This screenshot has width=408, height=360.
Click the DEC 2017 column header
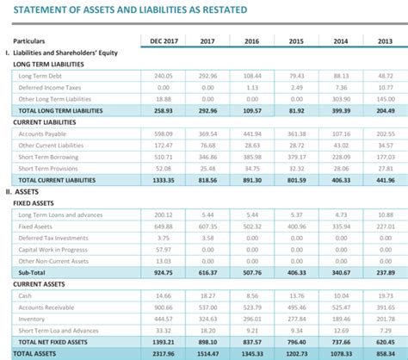coord(164,40)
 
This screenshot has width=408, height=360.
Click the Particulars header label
coord(30,40)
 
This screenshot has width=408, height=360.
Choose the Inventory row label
coord(34,318)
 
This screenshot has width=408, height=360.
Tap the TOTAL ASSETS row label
coord(32,353)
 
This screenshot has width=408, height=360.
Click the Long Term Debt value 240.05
coord(164,76)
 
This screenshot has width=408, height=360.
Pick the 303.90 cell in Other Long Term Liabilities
coord(340,99)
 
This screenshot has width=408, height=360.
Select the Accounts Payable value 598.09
coord(164,134)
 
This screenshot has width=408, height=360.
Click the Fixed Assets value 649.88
coord(164,225)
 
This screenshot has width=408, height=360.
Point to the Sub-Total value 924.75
coord(164,271)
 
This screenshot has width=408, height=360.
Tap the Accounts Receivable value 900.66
coord(164,307)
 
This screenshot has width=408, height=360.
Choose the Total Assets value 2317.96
coord(163,353)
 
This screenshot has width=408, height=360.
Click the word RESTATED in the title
coord(218,9)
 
